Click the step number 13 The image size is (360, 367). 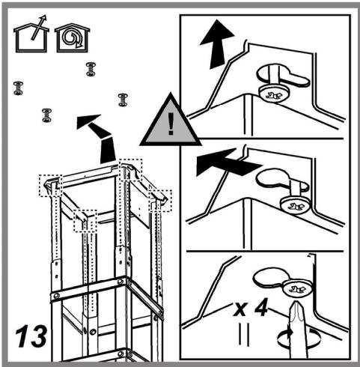coord(31,336)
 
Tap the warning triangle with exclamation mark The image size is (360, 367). coord(171,121)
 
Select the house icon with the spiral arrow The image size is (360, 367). coord(72,37)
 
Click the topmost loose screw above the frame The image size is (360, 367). coord(91,69)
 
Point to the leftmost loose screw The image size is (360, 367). coord(18,88)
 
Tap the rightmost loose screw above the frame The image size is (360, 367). coord(123,100)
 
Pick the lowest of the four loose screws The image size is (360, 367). coord(47,115)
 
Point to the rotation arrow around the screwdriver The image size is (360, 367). coord(299,339)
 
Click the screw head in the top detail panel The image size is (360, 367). coord(274,94)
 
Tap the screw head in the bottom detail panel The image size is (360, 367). coord(298,288)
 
